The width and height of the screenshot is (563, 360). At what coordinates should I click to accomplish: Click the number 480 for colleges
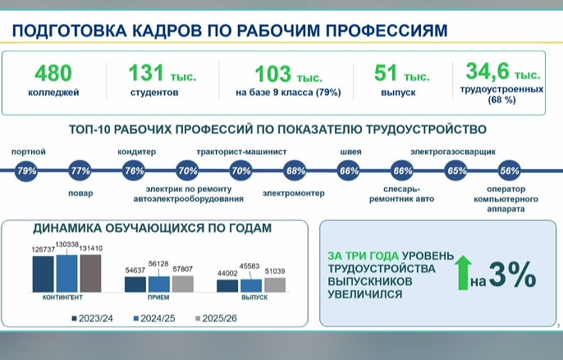(53, 73)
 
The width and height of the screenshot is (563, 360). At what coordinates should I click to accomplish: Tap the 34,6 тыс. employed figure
(502, 71)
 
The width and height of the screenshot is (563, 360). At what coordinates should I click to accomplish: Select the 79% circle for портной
(26, 171)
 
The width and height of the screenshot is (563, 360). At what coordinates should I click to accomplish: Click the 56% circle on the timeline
(510, 171)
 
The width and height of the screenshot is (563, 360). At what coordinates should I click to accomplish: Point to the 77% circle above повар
(80, 171)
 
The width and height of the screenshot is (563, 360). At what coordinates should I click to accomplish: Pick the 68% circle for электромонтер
(295, 171)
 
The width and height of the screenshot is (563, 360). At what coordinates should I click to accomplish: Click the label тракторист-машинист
(241, 152)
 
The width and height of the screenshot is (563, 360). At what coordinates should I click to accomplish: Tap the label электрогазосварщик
(453, 152)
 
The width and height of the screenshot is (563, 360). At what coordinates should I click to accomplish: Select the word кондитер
(137, 152)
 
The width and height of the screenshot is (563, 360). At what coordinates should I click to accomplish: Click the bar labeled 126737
(43, 274)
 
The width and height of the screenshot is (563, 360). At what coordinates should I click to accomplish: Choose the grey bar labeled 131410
(90, 273)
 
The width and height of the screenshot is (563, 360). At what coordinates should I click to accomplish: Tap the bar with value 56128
(159, 285)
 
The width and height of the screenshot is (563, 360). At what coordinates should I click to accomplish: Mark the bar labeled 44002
(227, 286)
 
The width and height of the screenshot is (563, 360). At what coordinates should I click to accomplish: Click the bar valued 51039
(275, 285)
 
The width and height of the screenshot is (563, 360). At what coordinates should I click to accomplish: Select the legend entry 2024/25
(154, 318)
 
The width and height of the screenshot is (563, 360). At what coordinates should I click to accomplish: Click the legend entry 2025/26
(216, 318)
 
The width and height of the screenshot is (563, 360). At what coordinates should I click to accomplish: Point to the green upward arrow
(463, 272)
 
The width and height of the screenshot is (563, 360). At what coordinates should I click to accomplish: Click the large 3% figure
(512, 275)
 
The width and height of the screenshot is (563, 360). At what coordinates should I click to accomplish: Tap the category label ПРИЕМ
(158, 298)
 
